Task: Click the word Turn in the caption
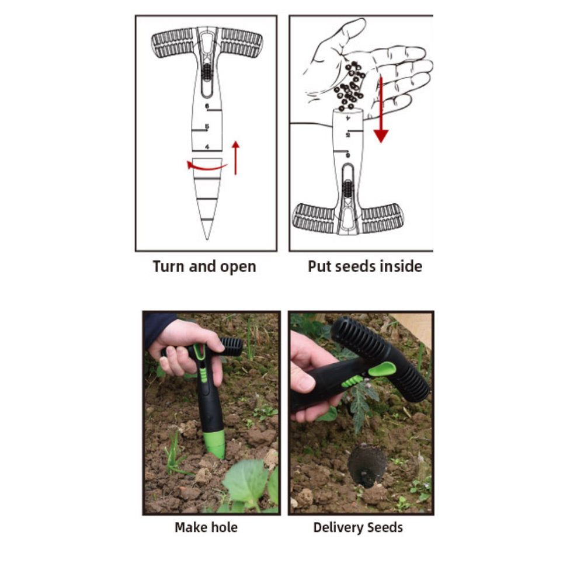[168, 266]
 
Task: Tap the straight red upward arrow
[235, 158]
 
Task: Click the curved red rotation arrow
[206, 166]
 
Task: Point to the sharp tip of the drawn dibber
[207, 239]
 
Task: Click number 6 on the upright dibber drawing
[207, 106]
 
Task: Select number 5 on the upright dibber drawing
[207, 127]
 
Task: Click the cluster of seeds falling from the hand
[350, 86]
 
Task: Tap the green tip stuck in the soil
[215, 444]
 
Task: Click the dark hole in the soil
[367, 465]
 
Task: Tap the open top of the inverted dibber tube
[347, 111]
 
